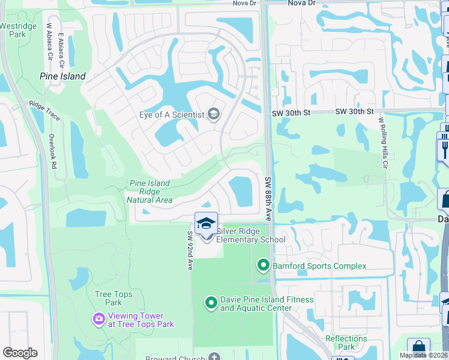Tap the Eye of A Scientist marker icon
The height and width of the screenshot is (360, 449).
[x=213, y=114]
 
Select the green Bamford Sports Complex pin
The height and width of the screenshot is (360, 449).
[x=263, y=265]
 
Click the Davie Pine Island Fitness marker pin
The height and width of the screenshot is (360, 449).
[x=211, y=303]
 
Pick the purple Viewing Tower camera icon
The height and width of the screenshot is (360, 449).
[x=99, y=319]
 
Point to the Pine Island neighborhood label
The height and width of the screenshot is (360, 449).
[x=62, y=76]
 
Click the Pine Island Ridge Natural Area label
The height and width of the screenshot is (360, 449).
[x=149, y=191]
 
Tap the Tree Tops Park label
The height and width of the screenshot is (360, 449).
[x=109, y=298]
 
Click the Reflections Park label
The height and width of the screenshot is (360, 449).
[x=346, y=343]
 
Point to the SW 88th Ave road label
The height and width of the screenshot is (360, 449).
[x=268, y=199]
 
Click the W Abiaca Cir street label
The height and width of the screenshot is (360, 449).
[x=50, y=43]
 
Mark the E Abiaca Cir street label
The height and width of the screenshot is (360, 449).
[x=61, y=47]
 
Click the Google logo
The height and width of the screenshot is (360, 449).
[x=20, y=352]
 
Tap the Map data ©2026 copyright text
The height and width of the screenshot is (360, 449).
[x=423, y=355]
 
